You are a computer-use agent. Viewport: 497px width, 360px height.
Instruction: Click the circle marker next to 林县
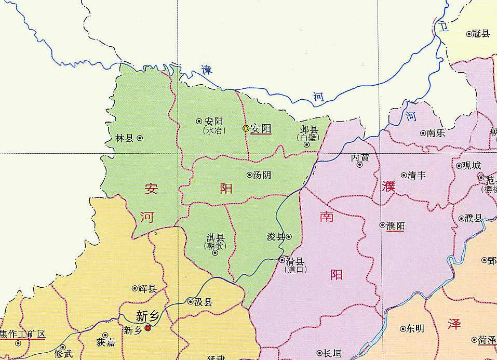pos(140,138)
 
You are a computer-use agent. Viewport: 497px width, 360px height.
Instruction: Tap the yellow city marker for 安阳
pos(246,128)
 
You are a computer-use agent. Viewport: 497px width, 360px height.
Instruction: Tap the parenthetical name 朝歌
pos(215,246)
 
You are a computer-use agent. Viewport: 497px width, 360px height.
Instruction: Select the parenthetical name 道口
pos(297,269)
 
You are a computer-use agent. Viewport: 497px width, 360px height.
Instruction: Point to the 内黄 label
pos(360,156)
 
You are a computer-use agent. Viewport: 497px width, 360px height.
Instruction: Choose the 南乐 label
pos(436,133)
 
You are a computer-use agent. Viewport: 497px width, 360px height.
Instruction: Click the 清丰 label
pos(417,176)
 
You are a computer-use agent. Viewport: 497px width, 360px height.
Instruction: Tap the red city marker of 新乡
pos(148,328)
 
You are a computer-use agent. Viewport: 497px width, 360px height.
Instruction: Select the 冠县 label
pos(481,34)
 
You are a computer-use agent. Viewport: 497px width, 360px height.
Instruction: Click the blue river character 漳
pos(207,71)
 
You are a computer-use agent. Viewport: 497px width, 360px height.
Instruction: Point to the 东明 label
pos(415,329)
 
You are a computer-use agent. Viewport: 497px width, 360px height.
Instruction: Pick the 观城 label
pos(472,166)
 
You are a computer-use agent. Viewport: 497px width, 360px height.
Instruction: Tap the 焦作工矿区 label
pos(23,334)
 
